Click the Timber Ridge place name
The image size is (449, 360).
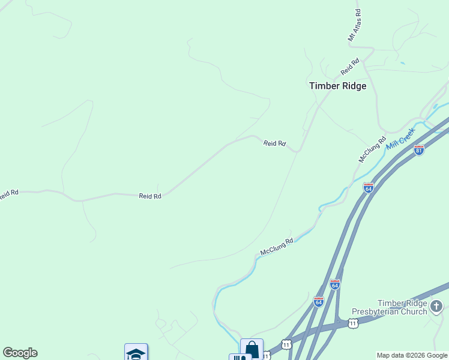[337, 86]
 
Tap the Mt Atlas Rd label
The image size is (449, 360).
[355, 25]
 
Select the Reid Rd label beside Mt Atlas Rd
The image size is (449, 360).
[349, 66]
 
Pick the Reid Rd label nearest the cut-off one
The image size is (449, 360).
[150, 196]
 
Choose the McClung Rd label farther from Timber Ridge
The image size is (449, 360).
[277, 246]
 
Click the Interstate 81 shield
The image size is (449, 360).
[419, 150]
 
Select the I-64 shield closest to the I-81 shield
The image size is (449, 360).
[369, 188]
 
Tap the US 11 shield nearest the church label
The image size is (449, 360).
[353, 323]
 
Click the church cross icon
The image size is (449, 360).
[436, 308]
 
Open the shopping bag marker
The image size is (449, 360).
[252, 349]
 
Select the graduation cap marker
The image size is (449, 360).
[136, 353]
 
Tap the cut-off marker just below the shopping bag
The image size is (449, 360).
[240, 358]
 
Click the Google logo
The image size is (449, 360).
[20, 353]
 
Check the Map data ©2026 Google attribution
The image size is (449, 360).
[412, 355]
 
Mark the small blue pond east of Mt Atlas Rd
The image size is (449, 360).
[402, 63]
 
